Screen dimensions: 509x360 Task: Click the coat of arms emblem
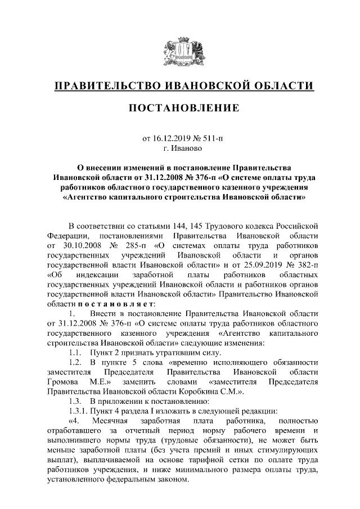point(180,49)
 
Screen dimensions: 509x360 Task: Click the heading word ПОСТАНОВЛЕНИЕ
point(180,107)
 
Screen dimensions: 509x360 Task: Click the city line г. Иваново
point(180,148)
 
